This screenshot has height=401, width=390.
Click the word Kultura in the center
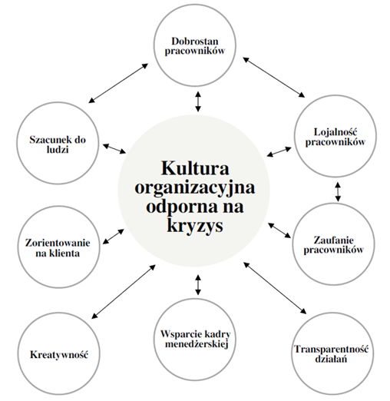[195, 168]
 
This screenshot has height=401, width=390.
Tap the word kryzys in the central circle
[195, 226]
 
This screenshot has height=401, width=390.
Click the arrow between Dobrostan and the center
[198, 101]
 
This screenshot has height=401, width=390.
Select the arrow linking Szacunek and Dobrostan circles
[118, 83]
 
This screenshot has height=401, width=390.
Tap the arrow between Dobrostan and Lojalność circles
[274, 78]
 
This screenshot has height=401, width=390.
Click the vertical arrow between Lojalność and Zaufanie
[338, 192]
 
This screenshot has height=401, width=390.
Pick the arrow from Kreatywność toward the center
[124, 292]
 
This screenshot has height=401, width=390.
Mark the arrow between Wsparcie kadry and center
[198, 285]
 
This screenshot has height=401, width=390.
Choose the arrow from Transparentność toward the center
[275, 288]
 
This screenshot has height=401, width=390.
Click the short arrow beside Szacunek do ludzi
[114, 149]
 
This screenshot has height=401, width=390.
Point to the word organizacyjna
[195, 188]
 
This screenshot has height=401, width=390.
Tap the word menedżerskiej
[197, 344]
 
